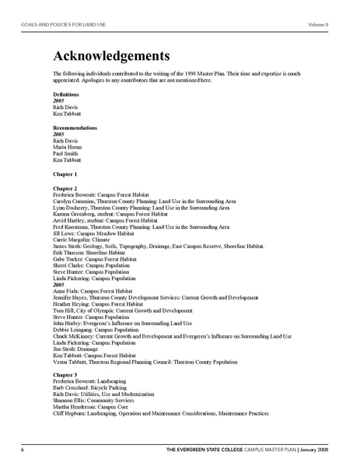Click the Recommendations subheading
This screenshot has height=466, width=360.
tap(75, 127)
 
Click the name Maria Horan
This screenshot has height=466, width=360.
tap(68, 148)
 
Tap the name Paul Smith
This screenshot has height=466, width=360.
tap(66, 154)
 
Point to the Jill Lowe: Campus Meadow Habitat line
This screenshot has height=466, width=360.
tap(97, 233)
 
